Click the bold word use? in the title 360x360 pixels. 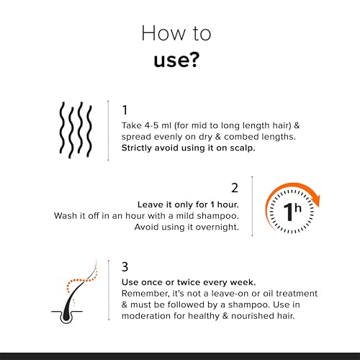(x=176, y=60)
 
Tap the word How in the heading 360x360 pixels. (x=163, y=33)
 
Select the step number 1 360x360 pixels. (x=125, y=110)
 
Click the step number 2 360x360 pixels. (x=235, y=188)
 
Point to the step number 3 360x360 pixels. (x=125, y=266)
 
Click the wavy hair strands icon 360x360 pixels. (x=76, y=130)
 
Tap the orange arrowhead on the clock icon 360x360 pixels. (x=316, y=201)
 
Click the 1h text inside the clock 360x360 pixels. (x=292, y=212)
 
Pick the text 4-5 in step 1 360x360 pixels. (x=151, y=125)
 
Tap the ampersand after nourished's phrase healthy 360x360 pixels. (x=225, y=316)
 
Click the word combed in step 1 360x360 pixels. (x=241, y=137)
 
